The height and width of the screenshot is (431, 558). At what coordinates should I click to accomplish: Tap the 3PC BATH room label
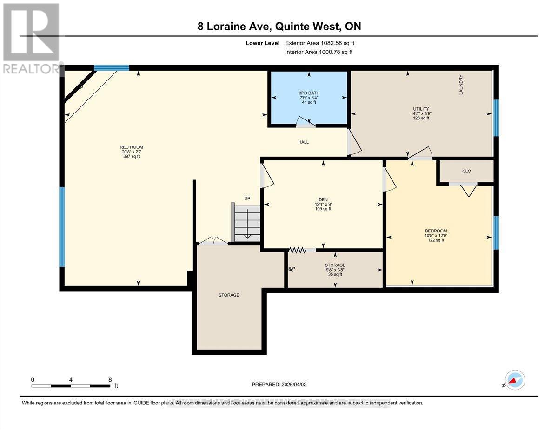pos(309,93)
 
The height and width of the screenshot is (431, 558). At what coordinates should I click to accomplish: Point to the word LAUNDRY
pos(461,85)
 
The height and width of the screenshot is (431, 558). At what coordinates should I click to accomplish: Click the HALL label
pos(303,142)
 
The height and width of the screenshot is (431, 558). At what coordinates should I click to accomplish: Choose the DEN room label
pos(323,199)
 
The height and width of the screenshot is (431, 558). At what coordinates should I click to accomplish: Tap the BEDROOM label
pos(436,231)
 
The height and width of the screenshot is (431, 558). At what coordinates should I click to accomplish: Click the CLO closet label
pos(466,171)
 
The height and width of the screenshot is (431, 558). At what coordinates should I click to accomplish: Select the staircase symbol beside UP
pos(247,224)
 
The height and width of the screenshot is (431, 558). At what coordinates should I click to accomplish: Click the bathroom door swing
pos(306,122)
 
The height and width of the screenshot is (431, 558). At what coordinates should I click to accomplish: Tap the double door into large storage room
pos(213,241)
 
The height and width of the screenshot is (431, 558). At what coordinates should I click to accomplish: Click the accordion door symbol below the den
pos(297,250)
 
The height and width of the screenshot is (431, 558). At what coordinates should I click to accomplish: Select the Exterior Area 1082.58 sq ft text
pos(323,43)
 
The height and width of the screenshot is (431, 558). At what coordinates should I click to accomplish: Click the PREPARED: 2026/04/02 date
pos(279,385)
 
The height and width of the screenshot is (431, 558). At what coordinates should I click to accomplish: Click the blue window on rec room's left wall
pos(62,227)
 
